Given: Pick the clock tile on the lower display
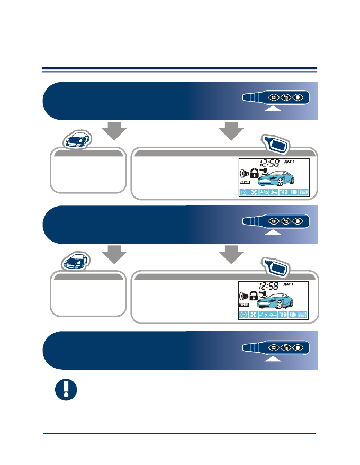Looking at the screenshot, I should click(244, 316).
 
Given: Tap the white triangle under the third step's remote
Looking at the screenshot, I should click(273, 359).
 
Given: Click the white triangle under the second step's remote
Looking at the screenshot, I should click(273, 232).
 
